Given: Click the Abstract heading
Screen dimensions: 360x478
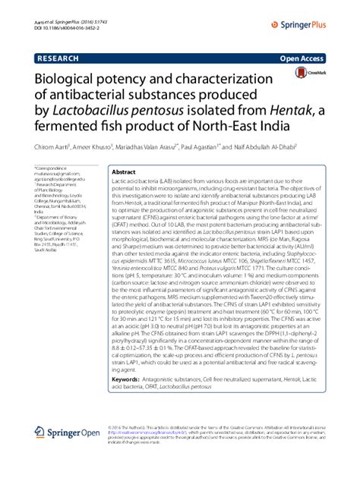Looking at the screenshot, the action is [x=125, y=173].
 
